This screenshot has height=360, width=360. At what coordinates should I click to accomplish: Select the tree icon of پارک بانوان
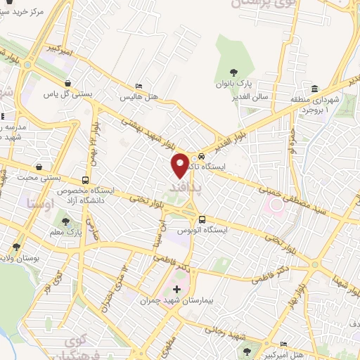pyautogui.click(x=234, y=72)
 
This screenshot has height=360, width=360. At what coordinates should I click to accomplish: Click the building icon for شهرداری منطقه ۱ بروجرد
pyautogui.click(x=314, y=89)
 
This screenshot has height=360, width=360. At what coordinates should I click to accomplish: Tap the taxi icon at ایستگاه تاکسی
pyautogui.click(x=202, y=156)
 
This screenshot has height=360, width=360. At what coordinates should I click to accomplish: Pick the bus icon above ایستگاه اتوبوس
pyautogui.click(x=202, y=219)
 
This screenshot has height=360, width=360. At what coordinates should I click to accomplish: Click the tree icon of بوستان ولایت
pyautogui.click(x=15, y=247)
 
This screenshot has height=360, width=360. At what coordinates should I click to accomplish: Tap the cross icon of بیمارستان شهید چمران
pyautogui.click(x=176, y=289)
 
